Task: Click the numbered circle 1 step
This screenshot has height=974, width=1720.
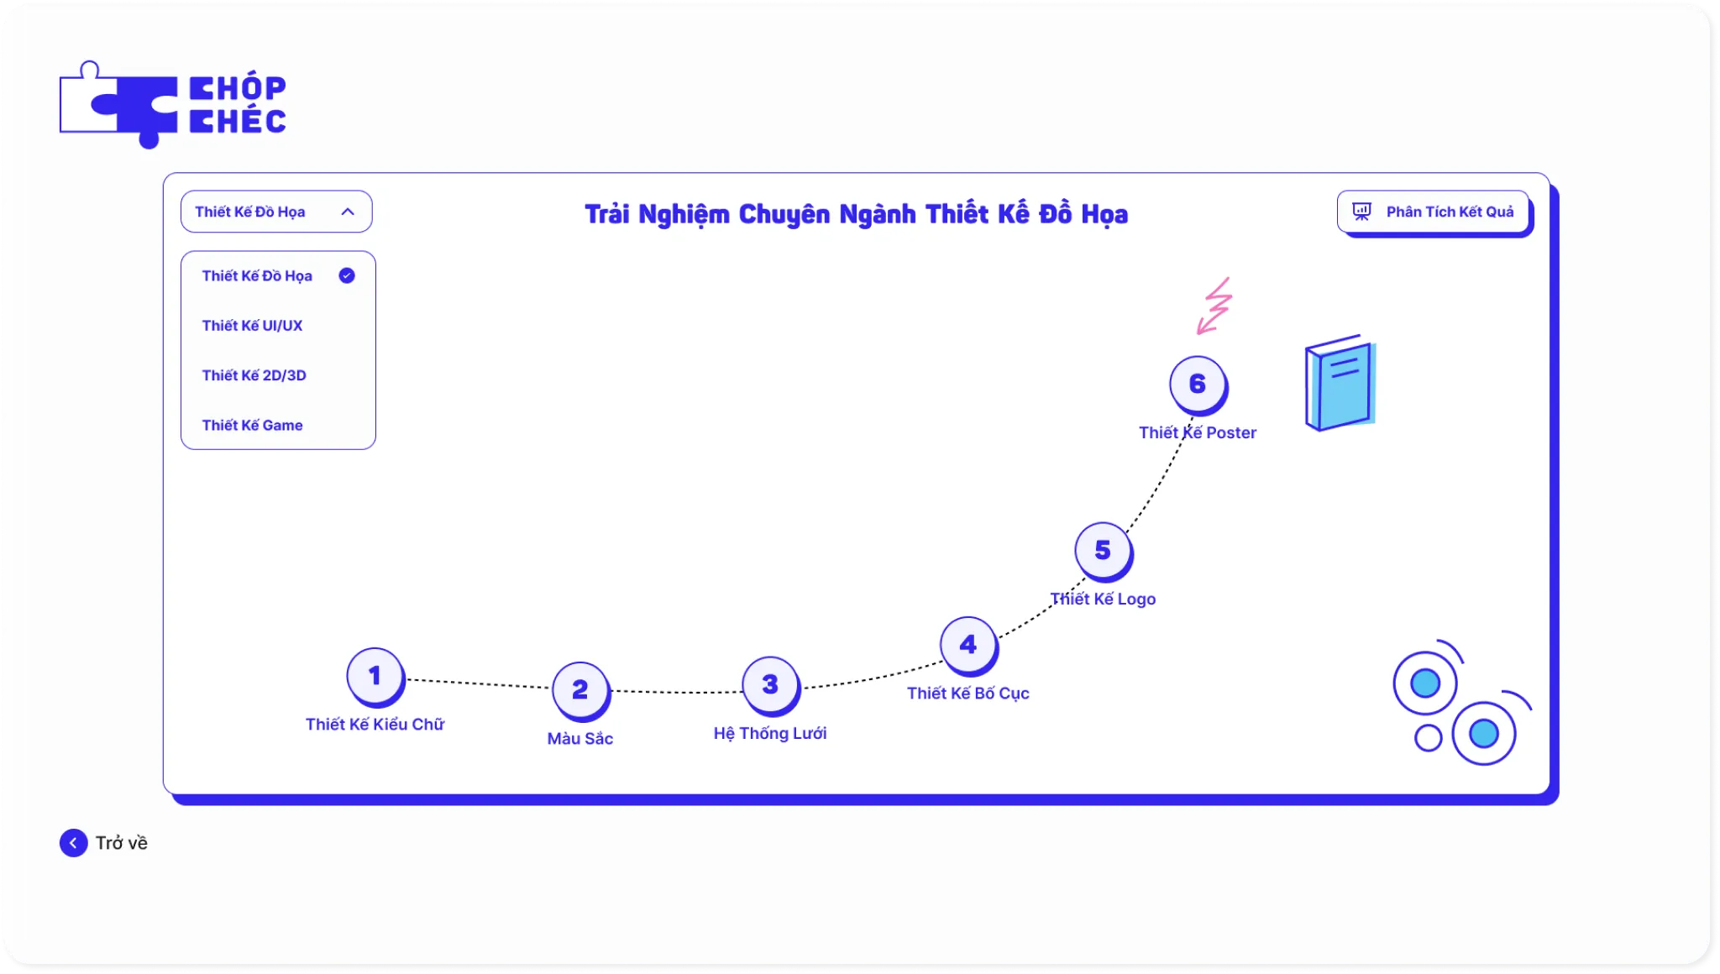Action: point(375,676)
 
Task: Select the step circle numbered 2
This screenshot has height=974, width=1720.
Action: point(580,690)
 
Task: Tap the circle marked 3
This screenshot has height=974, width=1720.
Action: point(770,685)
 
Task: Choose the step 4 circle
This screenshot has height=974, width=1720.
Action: point(968,646)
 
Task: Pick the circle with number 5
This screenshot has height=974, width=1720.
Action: point(1104,552)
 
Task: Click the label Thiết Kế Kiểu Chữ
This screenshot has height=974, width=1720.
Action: point(375,725)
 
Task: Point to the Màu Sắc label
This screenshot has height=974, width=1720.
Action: point(580,739)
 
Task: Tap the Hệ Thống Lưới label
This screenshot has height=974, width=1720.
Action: point(770,734)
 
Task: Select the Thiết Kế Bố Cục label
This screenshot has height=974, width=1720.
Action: point(968,694)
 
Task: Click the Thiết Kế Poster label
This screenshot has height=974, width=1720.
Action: point(1198,433)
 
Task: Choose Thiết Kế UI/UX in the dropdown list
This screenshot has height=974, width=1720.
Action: point(252,326)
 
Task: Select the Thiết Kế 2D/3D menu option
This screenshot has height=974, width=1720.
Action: point(254,375)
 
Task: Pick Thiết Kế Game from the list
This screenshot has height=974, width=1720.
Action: point(252,426)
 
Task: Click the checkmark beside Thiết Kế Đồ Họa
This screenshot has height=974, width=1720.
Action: point(347,275)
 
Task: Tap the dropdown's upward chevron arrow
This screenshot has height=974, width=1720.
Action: point(348,212)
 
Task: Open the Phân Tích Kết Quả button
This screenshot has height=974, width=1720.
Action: point(1433,212)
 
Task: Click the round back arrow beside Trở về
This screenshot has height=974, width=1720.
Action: point(73,843)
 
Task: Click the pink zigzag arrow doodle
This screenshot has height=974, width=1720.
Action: point(1214,306)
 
